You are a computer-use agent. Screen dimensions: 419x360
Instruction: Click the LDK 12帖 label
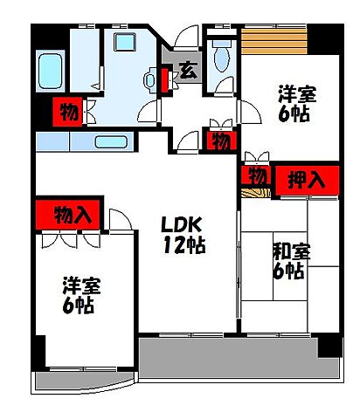pos(183,234)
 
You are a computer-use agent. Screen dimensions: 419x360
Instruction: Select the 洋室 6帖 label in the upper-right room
pos(296,103)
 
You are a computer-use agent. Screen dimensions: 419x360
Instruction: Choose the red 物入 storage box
pos(69,213)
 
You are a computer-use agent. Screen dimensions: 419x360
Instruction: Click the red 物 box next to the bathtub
pos(67,111)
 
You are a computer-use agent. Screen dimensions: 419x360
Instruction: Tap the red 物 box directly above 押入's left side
pos(255,173)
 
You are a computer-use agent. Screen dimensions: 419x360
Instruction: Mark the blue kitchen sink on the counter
pos(111,142)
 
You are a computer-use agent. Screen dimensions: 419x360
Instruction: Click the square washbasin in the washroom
pos(121,43)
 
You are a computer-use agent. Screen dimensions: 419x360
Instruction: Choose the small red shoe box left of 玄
pos(165,79)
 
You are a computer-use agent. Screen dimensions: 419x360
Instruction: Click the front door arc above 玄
pos(185,40)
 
